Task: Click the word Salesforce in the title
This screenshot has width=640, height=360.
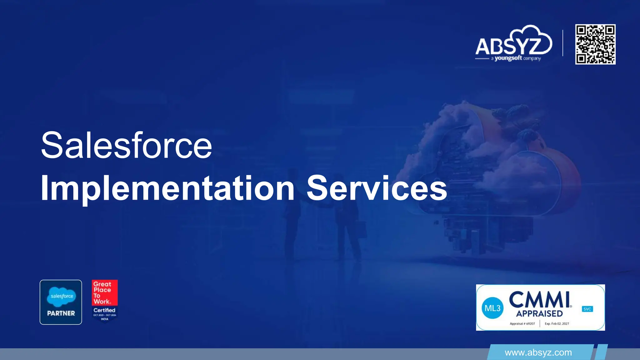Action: (x=126, y=146)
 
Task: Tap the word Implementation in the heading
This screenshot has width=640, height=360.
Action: (x=167, y=188)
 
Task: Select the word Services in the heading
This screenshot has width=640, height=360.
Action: (x=377, y=188)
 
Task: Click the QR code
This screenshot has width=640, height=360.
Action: (x=595, y=44)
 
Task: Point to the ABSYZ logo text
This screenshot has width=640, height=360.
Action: (x=508, y=46)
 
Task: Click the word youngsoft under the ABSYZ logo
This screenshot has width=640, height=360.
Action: (x=508, y=58)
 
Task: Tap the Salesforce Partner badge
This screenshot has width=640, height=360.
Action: (x=61, y=302)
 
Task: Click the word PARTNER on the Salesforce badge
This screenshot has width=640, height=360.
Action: (x=61, y=313)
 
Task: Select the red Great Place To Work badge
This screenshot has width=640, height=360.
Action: (x=105, y=292)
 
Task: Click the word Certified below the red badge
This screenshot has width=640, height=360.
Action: (x=104, y=310)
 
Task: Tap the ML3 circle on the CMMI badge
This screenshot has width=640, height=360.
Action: (x=492, y=308)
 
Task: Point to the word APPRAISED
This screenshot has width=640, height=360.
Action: (x=539, y=313)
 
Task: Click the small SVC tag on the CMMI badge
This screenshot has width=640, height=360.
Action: (x=587, y=309)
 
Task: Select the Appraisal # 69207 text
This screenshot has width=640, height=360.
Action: (x=522, y=324)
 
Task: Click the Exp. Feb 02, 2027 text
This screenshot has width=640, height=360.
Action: (x=557, y=324)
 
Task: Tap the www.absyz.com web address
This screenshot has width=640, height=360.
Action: (x=538, y=353)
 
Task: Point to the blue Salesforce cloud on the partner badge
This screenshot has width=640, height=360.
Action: (x=62, y=296)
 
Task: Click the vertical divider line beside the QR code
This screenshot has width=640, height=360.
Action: (x=563, y=43)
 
